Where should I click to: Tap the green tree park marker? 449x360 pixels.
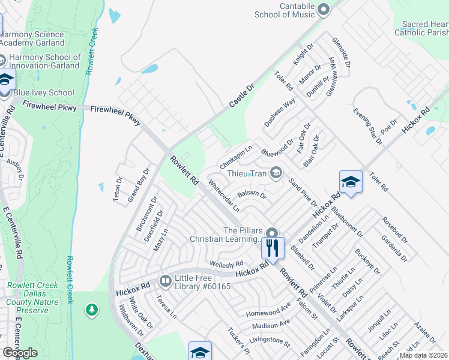(91, 310)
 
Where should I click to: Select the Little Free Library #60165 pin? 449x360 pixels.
(165, 280)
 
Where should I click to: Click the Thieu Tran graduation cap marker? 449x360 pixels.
(276, 173)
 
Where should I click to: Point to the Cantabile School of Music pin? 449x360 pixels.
(324, 9)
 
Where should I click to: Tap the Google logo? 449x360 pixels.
(20, 353)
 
